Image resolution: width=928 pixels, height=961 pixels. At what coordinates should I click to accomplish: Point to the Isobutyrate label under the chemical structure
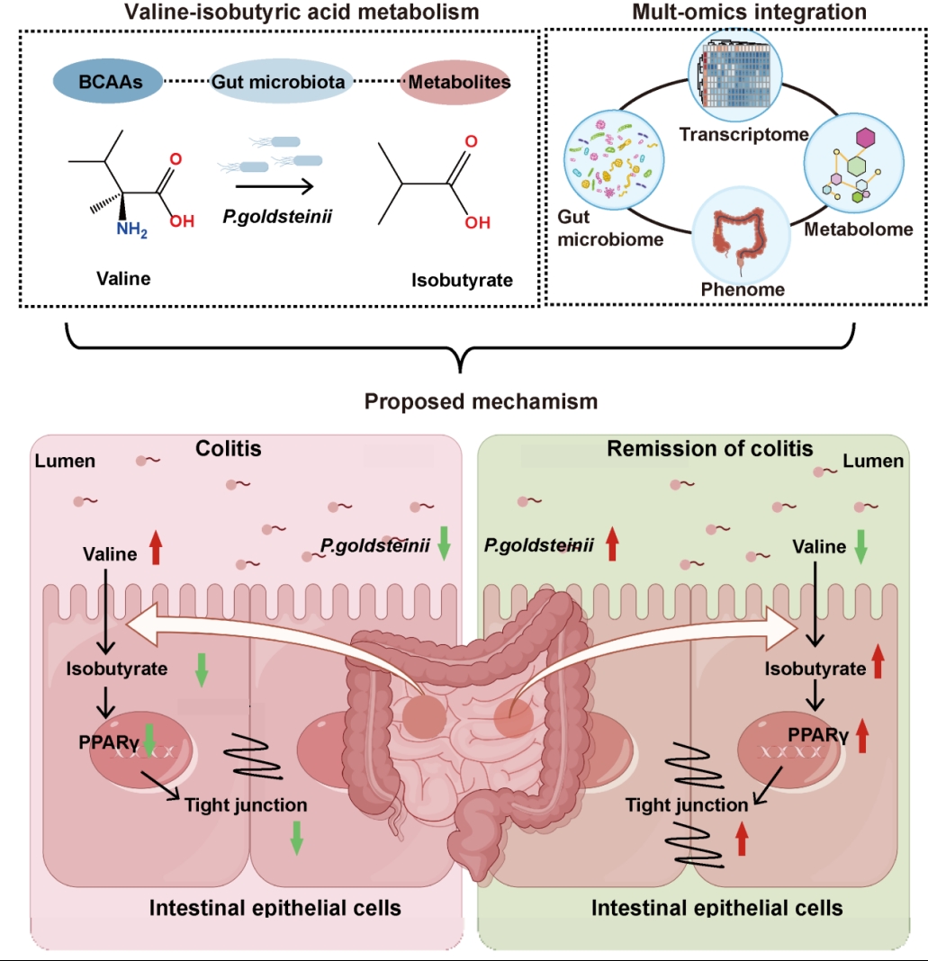coord(462,280)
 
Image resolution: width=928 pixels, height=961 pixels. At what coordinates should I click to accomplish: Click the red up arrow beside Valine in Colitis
coord(155,548)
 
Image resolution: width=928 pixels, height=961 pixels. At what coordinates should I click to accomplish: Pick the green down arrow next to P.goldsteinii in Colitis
coord(444,545)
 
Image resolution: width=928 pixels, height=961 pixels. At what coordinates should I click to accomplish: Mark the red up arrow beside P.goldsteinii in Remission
coord(613,544)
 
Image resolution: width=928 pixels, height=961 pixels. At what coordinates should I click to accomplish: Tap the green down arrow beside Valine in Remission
coord(860,547)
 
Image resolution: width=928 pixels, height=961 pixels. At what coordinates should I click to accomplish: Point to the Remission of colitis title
coord(710,448)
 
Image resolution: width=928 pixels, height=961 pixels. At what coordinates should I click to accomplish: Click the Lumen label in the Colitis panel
coord(65,461)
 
